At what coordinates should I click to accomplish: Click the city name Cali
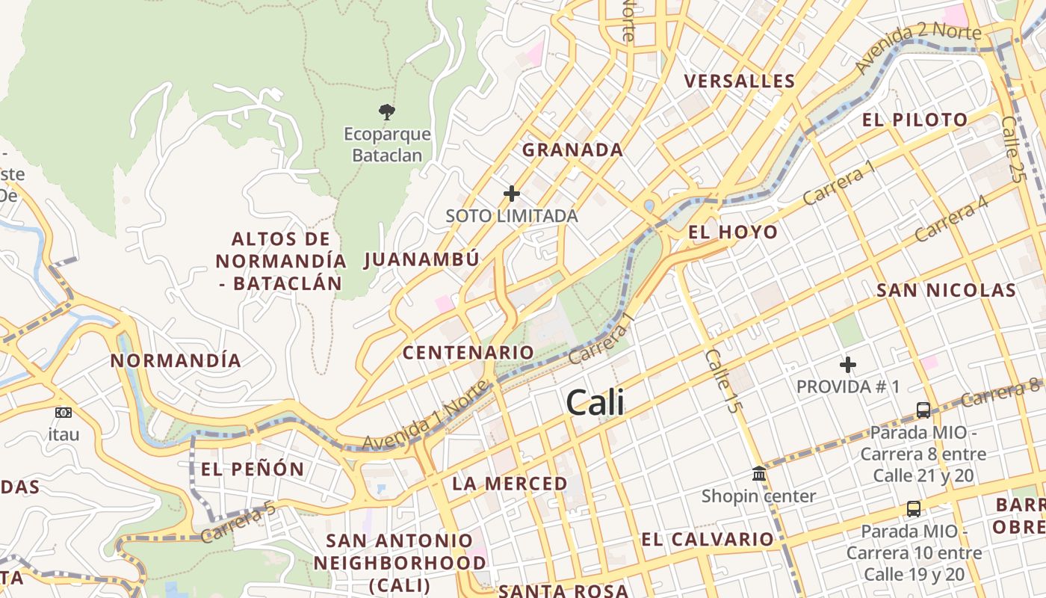[595, 403]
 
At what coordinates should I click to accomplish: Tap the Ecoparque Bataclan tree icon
[386, 112]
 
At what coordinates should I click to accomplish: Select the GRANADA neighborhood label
[572, 149]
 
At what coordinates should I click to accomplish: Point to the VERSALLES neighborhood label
[740, 81]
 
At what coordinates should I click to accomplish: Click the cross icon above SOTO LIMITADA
[512, 194]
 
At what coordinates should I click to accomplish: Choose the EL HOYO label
[733, 232]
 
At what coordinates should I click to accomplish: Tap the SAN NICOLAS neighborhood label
[946, 290]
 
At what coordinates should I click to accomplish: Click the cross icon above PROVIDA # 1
[848, 365]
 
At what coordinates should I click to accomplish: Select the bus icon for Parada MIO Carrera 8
[923, 410]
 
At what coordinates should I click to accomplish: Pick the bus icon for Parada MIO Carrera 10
[913, 509]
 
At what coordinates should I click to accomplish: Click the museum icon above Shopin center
[759, 473]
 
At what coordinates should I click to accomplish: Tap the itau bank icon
[64, 412]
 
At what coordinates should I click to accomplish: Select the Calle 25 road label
[1012, 149]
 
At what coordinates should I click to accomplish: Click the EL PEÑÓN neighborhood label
[253, 469]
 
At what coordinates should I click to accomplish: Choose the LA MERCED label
[510, 484]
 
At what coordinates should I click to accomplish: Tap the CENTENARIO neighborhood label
[468, 352]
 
